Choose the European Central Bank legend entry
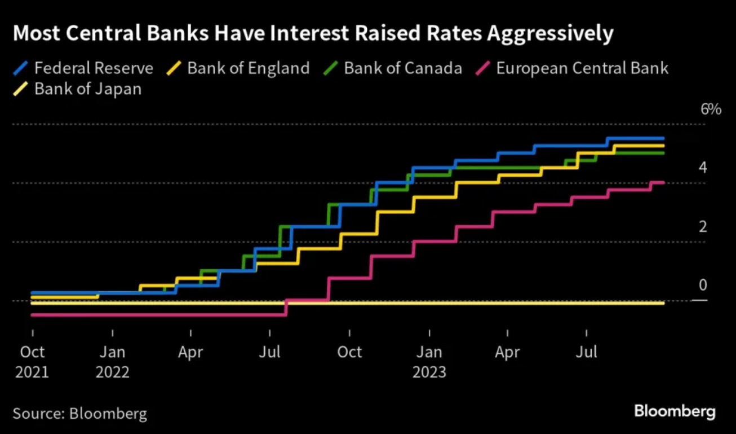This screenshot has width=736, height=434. pos(582,68)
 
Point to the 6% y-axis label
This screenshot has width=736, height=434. pos(711,109)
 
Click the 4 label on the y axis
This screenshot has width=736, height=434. pos(702,168)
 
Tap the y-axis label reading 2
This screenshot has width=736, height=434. pos(702,227)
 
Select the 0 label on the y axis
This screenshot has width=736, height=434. pos(702,286)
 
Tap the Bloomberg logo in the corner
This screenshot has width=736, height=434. pos(675,411)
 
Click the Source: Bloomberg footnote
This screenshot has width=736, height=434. pos(79,413)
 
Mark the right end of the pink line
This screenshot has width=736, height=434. pos(664,182)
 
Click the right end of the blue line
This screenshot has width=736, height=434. pos(663,138)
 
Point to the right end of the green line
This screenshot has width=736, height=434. pos(663,153)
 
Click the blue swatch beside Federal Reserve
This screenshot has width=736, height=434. pos(21,69)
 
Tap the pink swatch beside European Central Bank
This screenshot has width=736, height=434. pos(482,69)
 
